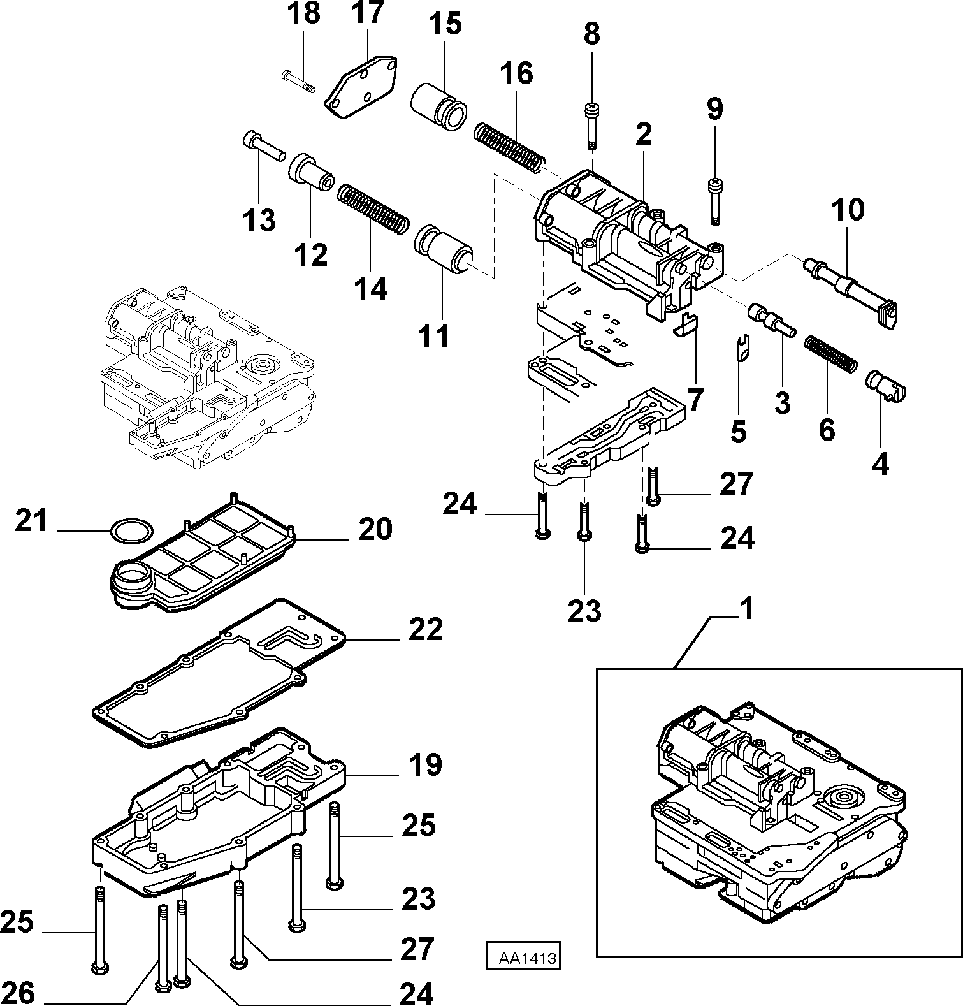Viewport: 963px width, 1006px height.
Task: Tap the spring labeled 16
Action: (x=509, y=147)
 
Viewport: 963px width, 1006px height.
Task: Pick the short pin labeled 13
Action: (x=263, y=145)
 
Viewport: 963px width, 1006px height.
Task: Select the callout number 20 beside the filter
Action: (x=375, y=529)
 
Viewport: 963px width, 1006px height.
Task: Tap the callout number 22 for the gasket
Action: (x=426, y=630)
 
